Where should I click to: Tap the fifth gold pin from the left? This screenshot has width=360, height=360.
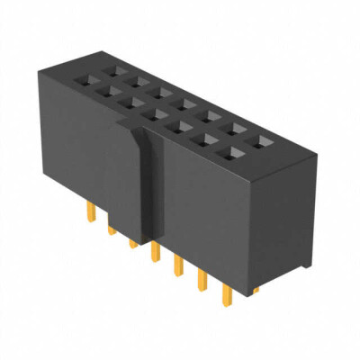(x=176, y=266)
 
